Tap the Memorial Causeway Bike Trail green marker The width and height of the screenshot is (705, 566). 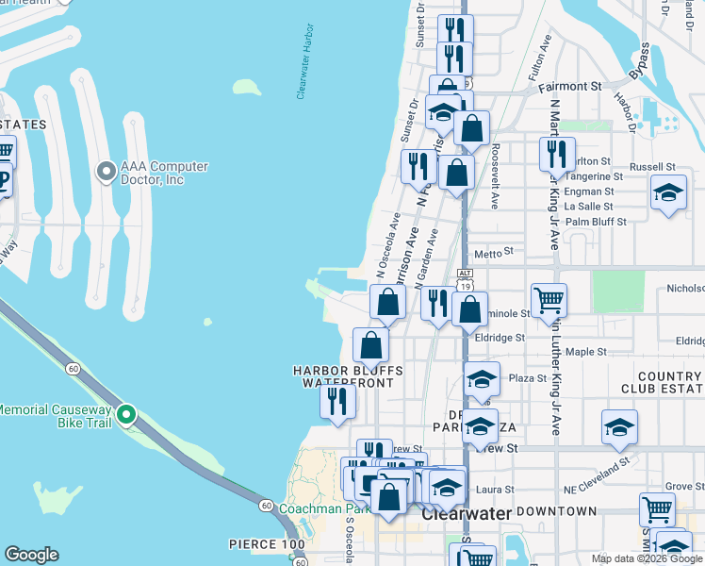pos(126,413)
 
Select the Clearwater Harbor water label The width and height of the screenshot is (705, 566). pos(303,71)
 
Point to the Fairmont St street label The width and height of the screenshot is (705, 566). pos(569,86)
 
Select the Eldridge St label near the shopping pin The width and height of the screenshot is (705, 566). pos(500,337)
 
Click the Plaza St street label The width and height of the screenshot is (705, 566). pos(528,378)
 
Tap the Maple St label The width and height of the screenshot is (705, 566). pos(585,352)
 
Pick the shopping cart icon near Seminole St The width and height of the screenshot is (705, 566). pos(549,301)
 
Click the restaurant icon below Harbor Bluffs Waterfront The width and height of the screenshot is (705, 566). pos(336,401)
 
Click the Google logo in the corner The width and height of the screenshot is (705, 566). pos(31,555)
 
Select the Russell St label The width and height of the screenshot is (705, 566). pos(653,167)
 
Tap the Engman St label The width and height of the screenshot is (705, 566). pos(588,191)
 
